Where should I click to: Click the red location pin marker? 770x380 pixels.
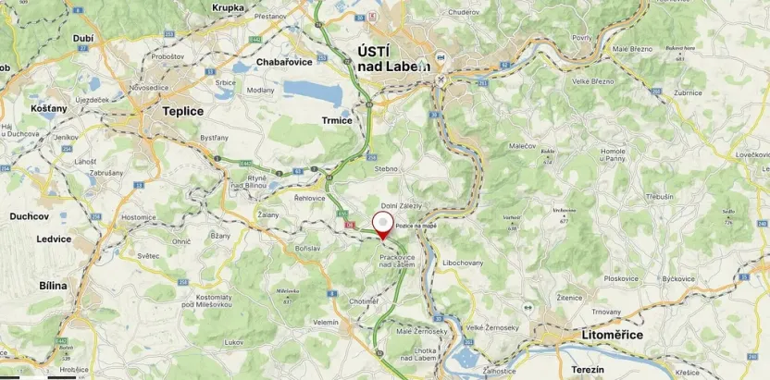pyautogui.click(x=382, y=226)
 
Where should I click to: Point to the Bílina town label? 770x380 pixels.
pyautogui.click(x=53, y=286)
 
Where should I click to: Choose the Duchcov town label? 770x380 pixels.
pyautogui.click(x=29, y=216)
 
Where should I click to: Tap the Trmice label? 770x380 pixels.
pyautogui.click(x=336, y=121)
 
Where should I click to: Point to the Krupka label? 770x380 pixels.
pyautogui.click(x=228, y=7)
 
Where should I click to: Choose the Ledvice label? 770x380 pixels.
pyautogui.click(x=55, y=239)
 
